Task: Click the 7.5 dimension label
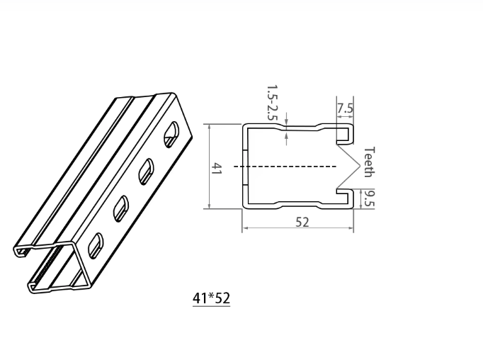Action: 345,108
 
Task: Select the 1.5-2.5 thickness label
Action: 271,102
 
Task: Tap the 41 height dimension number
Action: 217,169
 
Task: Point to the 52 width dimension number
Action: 302,222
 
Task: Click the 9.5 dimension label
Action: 368,199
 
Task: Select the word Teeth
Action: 368,161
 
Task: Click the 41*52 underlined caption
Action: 211,298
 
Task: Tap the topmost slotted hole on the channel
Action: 171,134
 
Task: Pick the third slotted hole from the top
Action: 120,207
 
